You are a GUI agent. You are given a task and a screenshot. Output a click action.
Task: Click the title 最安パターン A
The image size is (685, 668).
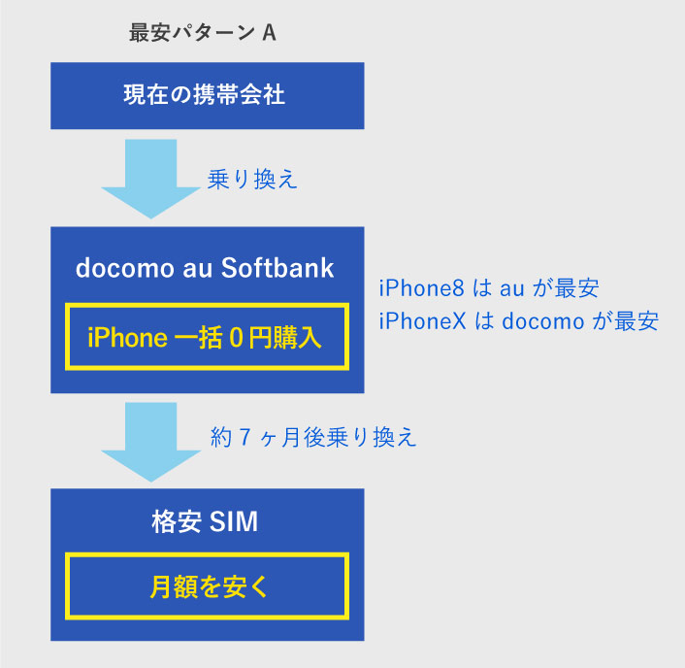coord(202,33)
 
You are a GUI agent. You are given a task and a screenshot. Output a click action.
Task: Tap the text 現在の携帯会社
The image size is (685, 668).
coord(204,94)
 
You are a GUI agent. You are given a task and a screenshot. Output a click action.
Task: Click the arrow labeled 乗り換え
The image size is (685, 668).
coord(151,179)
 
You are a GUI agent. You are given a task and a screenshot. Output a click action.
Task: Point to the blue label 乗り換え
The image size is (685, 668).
coord(252,180)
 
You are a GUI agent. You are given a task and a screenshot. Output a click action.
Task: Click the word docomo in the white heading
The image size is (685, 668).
coord(125,268)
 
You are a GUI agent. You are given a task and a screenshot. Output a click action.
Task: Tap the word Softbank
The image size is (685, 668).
coord(277,268)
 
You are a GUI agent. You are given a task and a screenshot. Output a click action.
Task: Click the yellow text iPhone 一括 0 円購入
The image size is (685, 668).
coord(205,338)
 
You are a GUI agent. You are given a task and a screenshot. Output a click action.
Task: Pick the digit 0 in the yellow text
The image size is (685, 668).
coord(236,338)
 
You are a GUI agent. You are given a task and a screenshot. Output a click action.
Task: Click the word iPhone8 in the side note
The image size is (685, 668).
coord(421,288)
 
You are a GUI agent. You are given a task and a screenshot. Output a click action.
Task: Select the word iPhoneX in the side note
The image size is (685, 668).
coord(422,320)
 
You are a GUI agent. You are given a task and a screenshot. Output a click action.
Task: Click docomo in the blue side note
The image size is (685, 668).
coord(543,321)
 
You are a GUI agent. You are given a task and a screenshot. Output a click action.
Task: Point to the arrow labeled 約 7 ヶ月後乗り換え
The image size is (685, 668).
coord(151,442)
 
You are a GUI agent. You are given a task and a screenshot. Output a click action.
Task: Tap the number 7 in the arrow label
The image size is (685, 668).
coord(245,437)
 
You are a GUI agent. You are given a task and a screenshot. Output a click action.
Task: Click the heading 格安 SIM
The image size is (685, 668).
coord(205,521)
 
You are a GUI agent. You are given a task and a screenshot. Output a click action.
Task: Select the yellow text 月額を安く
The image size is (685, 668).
coord(209,586)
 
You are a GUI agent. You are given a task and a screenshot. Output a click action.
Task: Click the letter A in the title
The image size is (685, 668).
coord(269,33)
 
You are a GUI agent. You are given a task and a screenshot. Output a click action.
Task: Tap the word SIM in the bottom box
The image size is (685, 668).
coord(234,521)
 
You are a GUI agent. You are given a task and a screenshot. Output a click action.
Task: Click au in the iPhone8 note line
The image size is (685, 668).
coord(512,290)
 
